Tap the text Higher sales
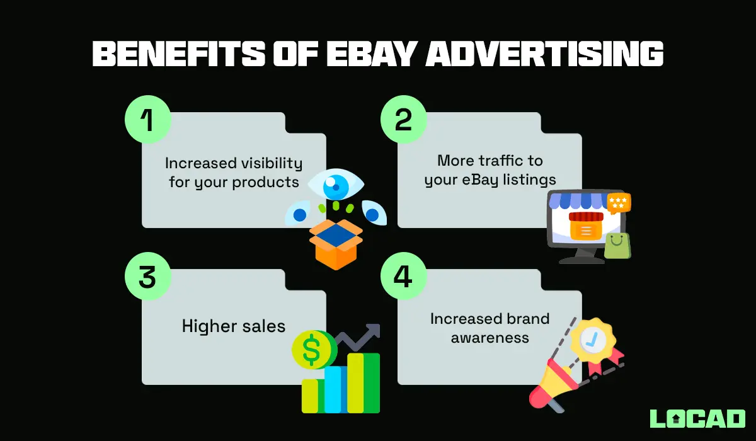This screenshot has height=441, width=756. click(x=234, y=326)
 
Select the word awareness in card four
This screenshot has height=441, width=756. click(x=490, y=338)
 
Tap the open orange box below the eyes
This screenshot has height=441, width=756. click(x=336, y=243)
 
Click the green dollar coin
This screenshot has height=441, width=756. click(x=312, y=350)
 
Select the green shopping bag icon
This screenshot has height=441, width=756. click(x=617, y=246)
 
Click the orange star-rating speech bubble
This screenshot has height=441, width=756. click(x=617, y=203)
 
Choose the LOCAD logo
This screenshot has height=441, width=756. click(x=697, y=418)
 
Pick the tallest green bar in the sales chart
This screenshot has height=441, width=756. click(x=365, y=382)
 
